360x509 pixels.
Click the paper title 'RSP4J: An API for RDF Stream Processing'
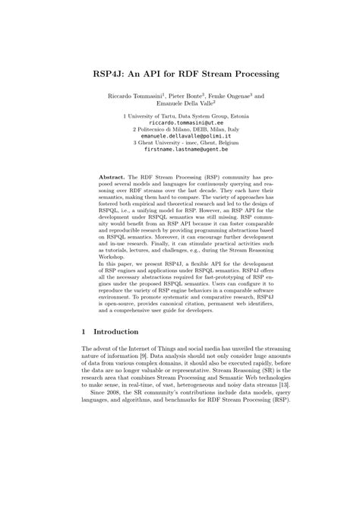[x=180, y=74]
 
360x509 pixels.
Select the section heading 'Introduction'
[x=115, y=332]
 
